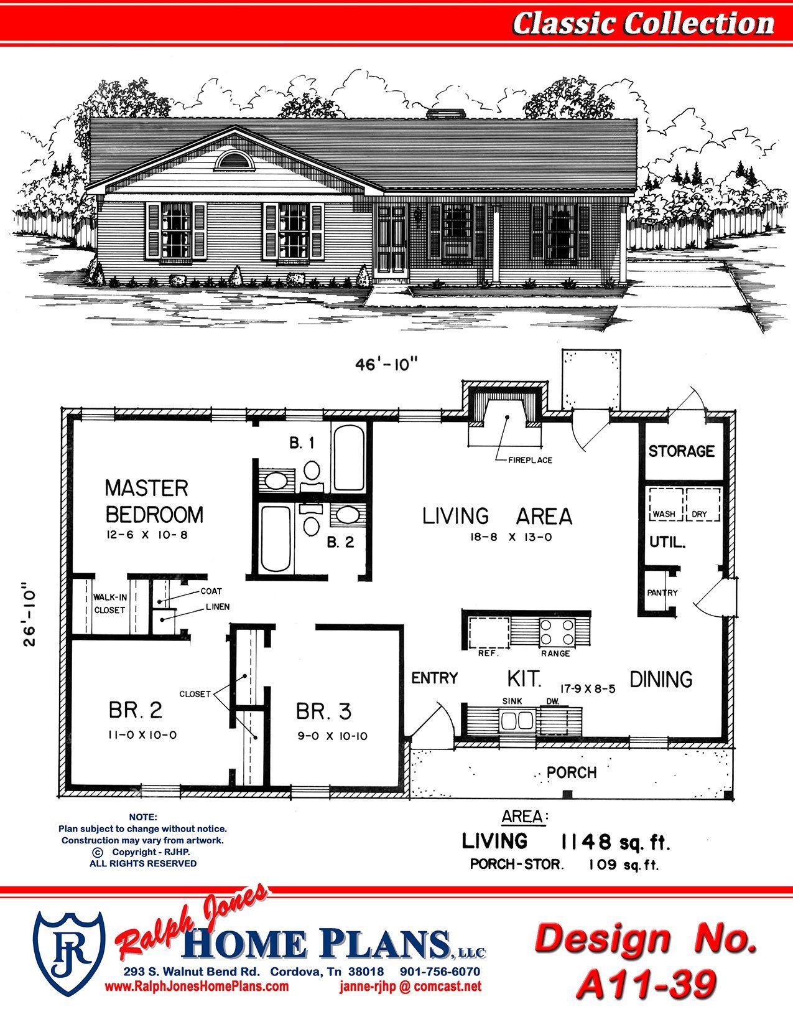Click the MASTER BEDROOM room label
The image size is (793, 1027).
click(x=154, y=502)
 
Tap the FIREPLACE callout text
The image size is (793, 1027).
click(x=530, y=460)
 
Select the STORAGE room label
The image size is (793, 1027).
click(x=681, y=451)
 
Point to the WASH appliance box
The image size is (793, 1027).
click(x=665, y=505)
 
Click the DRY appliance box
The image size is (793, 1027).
click(x=703, y=505)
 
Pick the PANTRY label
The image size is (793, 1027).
click(x=662, y=593)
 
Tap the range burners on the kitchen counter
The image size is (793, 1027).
click(x=557, y=632)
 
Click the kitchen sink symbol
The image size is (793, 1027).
click(x=517, y=721)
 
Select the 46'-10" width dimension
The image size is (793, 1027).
click(x=387, y=365)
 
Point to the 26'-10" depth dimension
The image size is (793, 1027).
click(x=30, y=617)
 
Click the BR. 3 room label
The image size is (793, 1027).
click(x=324, y=712)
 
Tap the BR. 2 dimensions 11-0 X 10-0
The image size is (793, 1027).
click(x=142, y=735)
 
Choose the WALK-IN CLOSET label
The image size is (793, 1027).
click(x=110, y=604)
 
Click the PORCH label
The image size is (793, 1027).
click(x=572, y=772)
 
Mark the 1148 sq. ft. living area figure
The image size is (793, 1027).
click(x=615, y=842)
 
